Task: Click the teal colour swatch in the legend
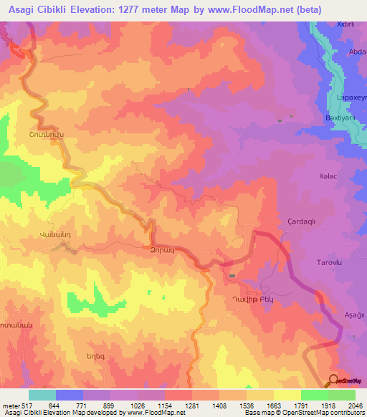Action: [x=42, y=395]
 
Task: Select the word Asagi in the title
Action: [x=25, y=10]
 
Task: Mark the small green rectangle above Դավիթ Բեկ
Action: [x=232, y=276]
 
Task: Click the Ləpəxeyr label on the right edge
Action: [x=351, y=97]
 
